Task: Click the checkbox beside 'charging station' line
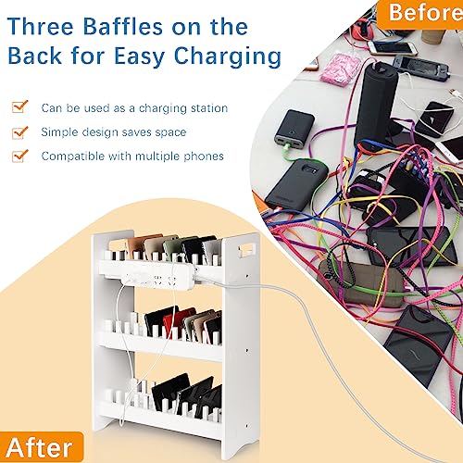19,107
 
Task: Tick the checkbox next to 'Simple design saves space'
19,131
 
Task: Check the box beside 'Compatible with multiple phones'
19,156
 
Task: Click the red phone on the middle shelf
173,322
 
